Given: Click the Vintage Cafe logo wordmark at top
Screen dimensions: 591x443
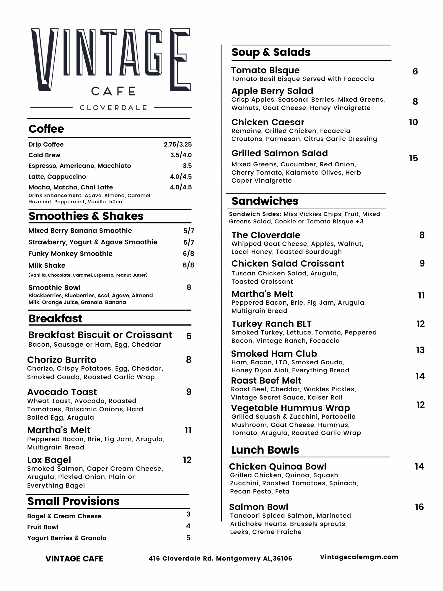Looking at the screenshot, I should pyautogui.click(x=111, y=61).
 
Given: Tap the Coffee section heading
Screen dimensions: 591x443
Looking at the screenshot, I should pyautogui.click(x=46, y=129).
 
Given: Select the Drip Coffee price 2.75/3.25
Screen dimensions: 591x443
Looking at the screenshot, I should pyautogui.click(x=178, y=144).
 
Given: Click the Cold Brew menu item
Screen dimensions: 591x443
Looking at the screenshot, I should pyautogui.click(x=44, y=155).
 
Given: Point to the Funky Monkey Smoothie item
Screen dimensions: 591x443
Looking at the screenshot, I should pyautogui.click(x=70, y=254).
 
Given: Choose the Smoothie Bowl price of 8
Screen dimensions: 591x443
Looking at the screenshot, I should pyautogui.click(x=189, y=288).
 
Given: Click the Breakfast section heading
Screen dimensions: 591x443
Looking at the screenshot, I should pyautogui.click(x=56, y=319).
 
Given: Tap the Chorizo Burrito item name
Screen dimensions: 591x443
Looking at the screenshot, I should pyautogui.click(x=62, y=360).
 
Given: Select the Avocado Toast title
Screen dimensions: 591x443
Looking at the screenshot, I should pyautogui.click(x=62, y=392).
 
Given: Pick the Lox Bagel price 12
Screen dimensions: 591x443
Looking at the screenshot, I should pyautogui.click(x=187, y=460).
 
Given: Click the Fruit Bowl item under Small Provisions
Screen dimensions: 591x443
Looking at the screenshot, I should pyautogui.click(x=43, y=527).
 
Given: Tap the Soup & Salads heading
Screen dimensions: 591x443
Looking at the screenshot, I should pyautogui.click(x=271, y=52).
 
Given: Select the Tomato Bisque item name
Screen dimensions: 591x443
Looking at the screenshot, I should pyautogui.click(x=265, y=70).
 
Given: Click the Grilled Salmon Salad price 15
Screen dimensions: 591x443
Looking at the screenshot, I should pyautogui.click(x=413, y=158).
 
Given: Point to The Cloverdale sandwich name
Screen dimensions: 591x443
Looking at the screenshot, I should pyautogui.click(x=266, y=235).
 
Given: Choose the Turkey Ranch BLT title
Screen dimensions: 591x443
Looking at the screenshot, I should pyautogui.click(x=271, y=324).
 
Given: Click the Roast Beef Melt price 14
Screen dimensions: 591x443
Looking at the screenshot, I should pyautogui.click(x=420, y=376).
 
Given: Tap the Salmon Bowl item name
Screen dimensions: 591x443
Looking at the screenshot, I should pyautogui.click(x=258, y=507).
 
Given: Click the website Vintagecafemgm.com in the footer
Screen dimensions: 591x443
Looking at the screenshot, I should pyautogui.click(x=359, y=557).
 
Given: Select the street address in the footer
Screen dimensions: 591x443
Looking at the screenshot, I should pyautogui.click(x=220, y=558).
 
